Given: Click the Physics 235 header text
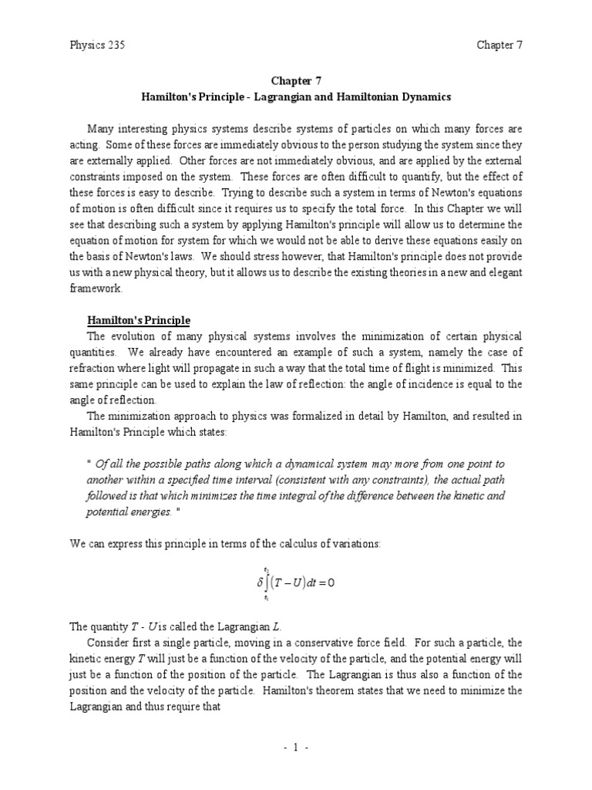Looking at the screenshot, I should point(97,45).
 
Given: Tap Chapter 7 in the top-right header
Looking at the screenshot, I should point(499,45).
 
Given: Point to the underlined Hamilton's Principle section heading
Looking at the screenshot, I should point(138,320).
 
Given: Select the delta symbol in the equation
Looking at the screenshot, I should point(260,583).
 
